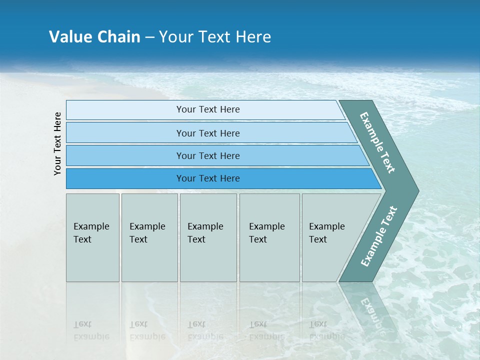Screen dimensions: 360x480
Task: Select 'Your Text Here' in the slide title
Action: [x=215, y=37]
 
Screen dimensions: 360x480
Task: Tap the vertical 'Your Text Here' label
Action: [x=57, y=143]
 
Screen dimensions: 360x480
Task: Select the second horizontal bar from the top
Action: [x=207, y=133]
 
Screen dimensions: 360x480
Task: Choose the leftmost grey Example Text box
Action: [x=92, y=237]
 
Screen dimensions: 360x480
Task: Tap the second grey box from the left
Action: [x=149, y=237]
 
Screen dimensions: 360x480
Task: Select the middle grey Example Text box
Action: [x=208, y=237]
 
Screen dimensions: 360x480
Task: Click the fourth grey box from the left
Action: [x=269, y=237]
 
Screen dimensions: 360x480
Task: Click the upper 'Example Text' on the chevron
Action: [x=377, y=142]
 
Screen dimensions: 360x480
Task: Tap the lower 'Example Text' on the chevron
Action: [x=379, y=236]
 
